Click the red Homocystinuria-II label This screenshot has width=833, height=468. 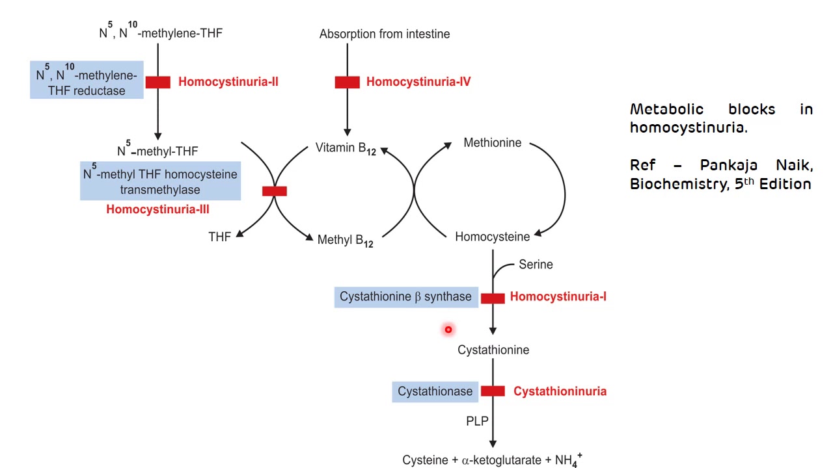[228, 82]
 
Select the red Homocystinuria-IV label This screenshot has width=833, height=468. [418, 82]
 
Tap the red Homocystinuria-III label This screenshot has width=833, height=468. [157, 209]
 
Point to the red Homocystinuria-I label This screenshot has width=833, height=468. [558, 297]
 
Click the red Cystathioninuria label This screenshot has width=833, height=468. [560, 391]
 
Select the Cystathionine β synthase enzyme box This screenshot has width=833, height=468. [406, 297]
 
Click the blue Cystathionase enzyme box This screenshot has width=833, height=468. [435, 391]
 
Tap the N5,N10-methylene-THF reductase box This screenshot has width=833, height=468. [87, 81]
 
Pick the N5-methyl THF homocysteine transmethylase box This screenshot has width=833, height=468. [160, 181]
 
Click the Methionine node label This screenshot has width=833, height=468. [492, 143]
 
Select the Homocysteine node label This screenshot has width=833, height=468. [492, 237]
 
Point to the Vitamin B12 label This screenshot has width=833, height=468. [345, 148]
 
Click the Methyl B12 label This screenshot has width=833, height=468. [345, 240]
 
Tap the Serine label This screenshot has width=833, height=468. [536, 265]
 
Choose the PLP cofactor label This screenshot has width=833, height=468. [477, 421]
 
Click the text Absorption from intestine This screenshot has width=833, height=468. [384, 34]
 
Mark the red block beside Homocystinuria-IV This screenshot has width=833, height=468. [347, 82]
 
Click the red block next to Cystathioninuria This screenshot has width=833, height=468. [493, 391]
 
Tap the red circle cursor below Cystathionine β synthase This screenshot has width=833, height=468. [448, 330]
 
